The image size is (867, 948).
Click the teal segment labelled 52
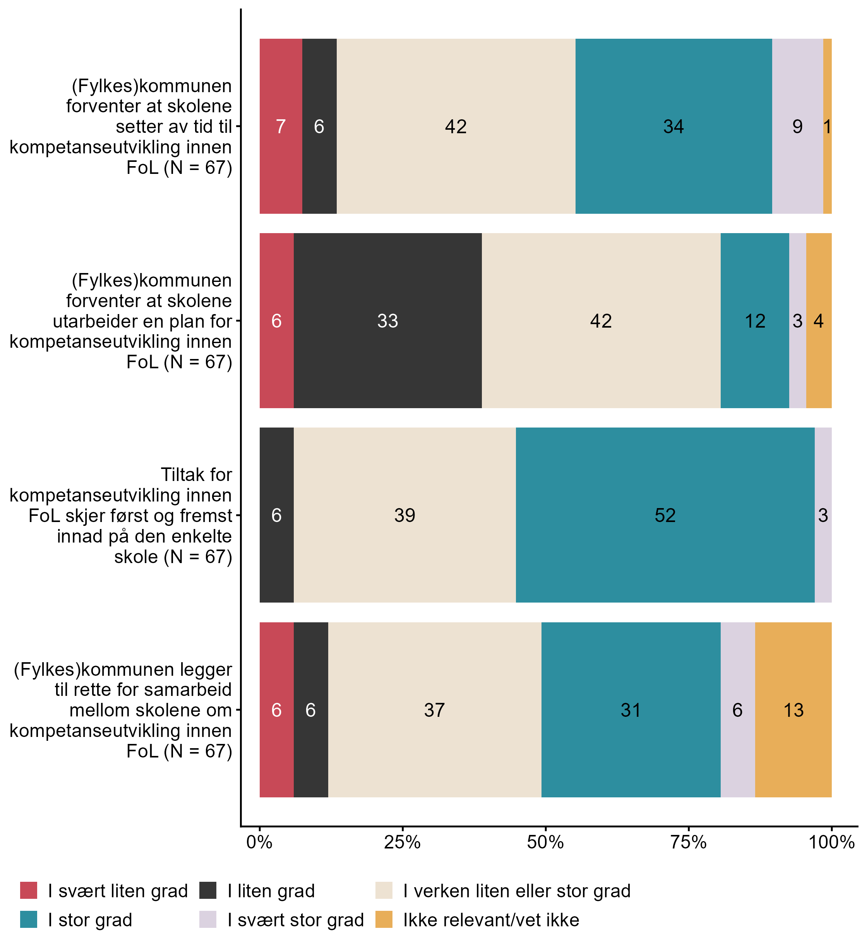point(665,515)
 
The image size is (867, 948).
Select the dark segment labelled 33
point(388,321)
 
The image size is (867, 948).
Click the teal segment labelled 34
point(673,126)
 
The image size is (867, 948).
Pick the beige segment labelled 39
point(404,515)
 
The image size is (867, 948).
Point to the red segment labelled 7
point(281,126)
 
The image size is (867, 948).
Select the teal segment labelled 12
point(755,321)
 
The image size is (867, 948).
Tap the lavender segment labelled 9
point(797,126)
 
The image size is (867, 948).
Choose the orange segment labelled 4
point(819,321)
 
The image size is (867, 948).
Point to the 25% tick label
point(402,842)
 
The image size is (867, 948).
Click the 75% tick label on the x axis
point(689,842)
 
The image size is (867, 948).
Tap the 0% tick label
point(259,842)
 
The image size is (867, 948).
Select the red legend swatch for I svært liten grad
point(29,890)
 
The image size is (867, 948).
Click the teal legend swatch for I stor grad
point(29,919)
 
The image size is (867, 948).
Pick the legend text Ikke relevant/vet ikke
point(491,920)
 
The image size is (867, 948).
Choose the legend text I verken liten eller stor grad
point(517,891)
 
